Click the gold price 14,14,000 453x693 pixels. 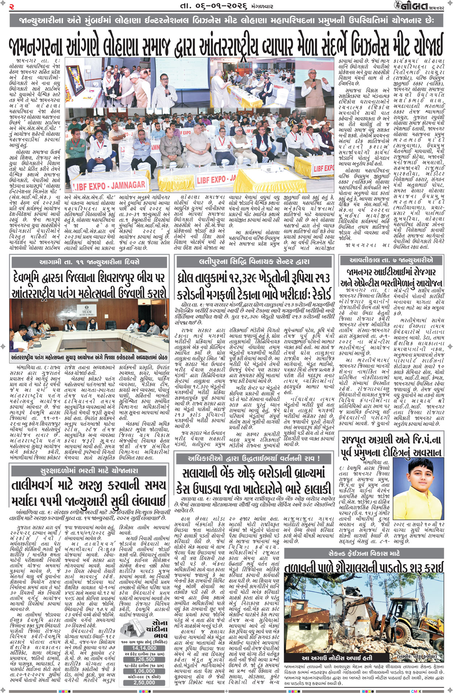coord(144,648)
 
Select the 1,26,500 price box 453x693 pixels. coord(144,659)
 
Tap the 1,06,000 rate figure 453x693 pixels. coord(144,671)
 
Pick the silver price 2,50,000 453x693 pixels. coord(144,682)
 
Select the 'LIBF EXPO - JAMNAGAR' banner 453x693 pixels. coord(109,186)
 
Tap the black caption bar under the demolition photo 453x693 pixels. coord(337,657)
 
